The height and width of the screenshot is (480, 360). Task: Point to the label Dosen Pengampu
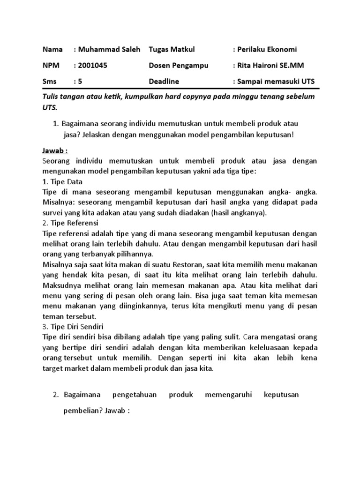click(179, 65)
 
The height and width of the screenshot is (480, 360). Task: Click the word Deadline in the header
click(164, 81)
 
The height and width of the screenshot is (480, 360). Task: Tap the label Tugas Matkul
click(172, 49)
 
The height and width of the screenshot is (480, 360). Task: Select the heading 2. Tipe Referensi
click(70, 223)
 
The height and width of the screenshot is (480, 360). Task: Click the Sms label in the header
click(49, 81)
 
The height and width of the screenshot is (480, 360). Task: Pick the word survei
click(52, 212)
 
